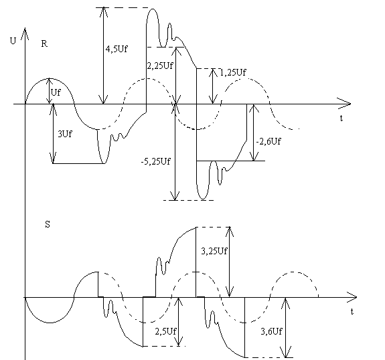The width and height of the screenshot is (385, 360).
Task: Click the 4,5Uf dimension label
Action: [117, 49]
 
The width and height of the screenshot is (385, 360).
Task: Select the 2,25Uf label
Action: [160, 66]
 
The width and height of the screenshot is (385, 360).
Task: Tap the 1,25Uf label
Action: [232, 72]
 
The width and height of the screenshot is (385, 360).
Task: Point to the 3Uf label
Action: [65, 134]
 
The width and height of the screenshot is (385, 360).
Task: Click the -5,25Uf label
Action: [155, 161]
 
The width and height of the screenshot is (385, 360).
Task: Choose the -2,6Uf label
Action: [268, 141]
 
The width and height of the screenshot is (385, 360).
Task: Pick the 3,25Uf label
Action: [214, 251]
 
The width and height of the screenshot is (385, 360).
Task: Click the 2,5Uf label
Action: [165, 331]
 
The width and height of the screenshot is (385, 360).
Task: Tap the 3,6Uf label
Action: [271, 331]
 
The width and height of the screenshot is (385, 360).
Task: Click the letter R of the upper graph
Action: [44, 43]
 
